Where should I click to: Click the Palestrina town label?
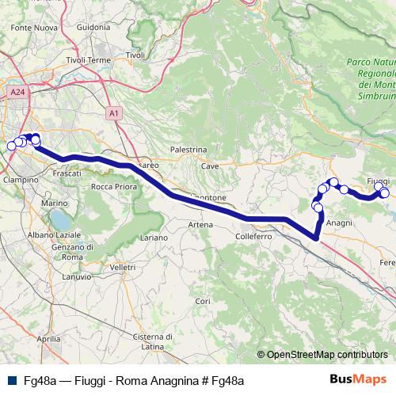pos(188,149)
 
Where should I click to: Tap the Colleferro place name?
pos(253,236)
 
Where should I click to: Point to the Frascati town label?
pos(66,172)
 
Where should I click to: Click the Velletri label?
pos(123,268)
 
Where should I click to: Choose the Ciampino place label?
pos(21,180)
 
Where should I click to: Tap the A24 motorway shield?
pos(17,93)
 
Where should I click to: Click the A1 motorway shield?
pos(114,113)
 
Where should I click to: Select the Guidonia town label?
pos(93,27)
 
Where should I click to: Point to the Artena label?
pos(200,225)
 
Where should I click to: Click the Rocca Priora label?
pos(114,187)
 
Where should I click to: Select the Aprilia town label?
pos(48,338)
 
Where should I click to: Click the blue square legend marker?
pos(11,381)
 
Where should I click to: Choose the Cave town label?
pos(210,166)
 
